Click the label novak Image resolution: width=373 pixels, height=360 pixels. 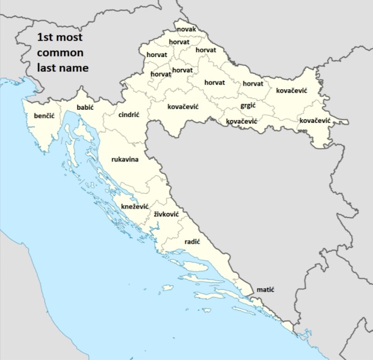click(186, 30)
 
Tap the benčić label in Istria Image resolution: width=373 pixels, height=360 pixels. click(44, 115)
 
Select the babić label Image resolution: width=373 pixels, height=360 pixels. click(85, 108)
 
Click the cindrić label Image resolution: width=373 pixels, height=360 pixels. click(129, 115)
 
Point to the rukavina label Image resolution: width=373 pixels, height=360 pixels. click(125, 159)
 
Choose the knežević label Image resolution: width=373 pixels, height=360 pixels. click(135, 206)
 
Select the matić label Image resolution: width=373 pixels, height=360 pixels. click(265, 290)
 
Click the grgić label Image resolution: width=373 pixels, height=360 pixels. click(249, 106)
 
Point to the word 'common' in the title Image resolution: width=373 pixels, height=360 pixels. click(60, 52)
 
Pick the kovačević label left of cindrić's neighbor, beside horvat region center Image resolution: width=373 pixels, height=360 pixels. click(183, 107)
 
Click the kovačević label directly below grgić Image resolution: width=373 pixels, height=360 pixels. click(242, 121)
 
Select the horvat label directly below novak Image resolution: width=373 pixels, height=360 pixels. click(179, 42)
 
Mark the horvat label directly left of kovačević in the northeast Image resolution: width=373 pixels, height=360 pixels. click(253, 84)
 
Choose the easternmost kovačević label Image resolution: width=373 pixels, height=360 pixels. click(315, 121)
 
